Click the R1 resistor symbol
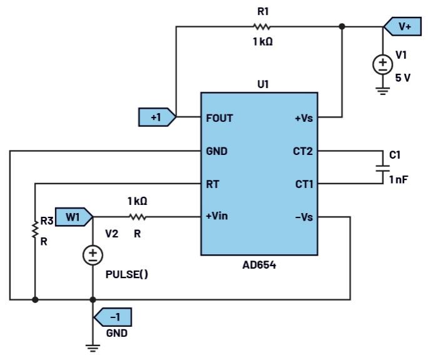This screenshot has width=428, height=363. tap(261, 27)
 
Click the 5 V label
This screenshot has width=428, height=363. tap(404, 78)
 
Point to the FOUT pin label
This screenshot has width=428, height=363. tap(219, 117)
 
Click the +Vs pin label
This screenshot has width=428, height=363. tap(303, 117)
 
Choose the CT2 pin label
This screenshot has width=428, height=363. tap(303, 151)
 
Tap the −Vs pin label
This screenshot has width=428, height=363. tap(303, 217)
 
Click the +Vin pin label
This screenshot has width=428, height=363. tap(218, 217)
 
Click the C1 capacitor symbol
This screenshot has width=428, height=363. tap(381, 167)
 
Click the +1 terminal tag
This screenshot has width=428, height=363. tap(157, 117)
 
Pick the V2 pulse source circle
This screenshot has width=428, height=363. tap(93, 254)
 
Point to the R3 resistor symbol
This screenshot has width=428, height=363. tap(35, 228)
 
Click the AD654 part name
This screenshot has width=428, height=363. tap(259, 265)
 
